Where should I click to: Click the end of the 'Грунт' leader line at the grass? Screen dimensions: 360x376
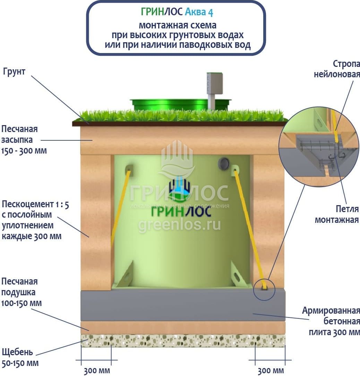89,124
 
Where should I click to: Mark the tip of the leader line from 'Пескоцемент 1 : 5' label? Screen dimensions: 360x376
89,237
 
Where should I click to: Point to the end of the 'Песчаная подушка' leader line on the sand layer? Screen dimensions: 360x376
89,331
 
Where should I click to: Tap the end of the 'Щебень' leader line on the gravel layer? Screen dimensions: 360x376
88,340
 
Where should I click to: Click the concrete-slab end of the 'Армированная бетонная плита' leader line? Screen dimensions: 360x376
253,313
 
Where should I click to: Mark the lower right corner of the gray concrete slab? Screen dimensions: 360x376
285,321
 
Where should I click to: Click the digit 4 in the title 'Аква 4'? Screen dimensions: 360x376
210,12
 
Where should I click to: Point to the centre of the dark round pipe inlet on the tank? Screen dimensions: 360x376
223,163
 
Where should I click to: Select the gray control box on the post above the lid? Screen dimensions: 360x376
215,83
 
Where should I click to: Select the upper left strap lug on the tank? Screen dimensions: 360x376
129,170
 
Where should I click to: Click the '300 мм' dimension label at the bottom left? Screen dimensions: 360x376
97,371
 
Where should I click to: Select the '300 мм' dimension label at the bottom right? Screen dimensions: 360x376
271,371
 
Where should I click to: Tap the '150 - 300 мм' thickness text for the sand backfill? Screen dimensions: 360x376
24,151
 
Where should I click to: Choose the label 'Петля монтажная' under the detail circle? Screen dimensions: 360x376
337,214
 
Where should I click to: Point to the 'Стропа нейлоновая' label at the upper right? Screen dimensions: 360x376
337,69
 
